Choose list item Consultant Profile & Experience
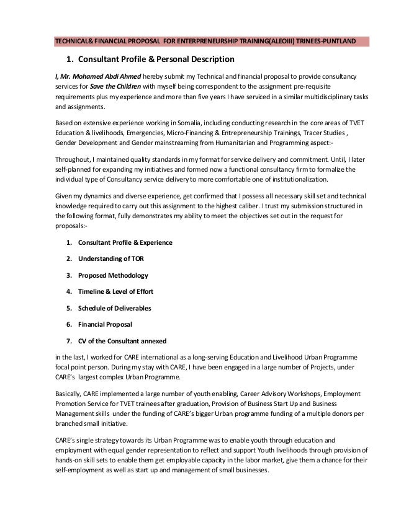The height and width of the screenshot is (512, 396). [x=125, y=242]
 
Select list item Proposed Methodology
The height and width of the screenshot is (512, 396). [x=113, y=275]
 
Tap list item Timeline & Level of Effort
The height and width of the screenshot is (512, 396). [x=115, y=291]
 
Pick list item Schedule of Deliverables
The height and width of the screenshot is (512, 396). [x=114, y=308]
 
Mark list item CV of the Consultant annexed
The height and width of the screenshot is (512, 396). [x=122, y=341]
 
